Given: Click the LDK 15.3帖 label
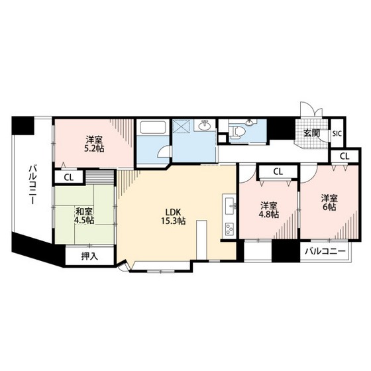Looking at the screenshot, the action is (x=173, y=216).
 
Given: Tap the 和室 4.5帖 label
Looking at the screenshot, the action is (x=84, y=215).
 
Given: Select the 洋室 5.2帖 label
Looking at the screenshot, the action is (x=94, y=144).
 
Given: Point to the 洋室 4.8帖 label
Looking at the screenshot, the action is (x=269, y=210).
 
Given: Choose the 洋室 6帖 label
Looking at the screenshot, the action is (x=329, y=203).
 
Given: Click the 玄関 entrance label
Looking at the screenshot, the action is (x=312, y=133).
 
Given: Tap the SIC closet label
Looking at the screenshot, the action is (x=337, y=134).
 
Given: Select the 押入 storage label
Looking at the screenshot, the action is (x=89, y=256).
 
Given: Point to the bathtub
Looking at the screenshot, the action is (x=153, y=127).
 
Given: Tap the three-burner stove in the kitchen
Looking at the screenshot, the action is (x=229, y=229).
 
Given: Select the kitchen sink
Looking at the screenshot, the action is (x=230, y=205).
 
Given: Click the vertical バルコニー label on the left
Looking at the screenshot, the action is (x=32, y=185).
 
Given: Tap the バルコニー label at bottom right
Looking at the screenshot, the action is (x=325, y=251).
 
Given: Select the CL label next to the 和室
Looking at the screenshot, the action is (x=69, y=178).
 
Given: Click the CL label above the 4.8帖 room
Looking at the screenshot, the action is (x=278, y=172).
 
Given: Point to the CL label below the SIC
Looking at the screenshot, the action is (x=344, y=156).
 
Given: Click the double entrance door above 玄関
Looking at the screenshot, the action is (x=311, y=109).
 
